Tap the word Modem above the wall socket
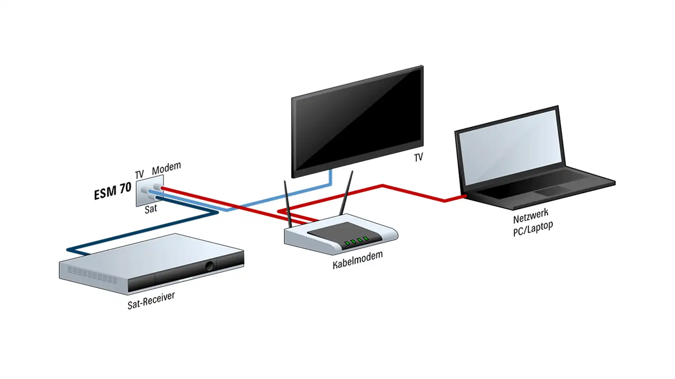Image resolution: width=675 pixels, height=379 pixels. pos(166,168)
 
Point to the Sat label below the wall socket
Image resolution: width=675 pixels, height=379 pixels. pos(150,209)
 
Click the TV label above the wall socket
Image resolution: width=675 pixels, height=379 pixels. pos(139,174)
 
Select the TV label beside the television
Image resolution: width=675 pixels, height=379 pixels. pos(418,157)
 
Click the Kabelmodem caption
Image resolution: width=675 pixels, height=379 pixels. pos(358,260)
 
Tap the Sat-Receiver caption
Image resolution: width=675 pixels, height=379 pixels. pos(151,301)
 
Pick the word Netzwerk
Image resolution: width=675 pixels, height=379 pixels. pos(530,216)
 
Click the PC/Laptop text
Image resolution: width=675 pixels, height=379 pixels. pos(533,229)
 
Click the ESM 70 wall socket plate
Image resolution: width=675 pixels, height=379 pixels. pos(150,190)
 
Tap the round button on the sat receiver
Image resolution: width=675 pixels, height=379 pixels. pos(209,266)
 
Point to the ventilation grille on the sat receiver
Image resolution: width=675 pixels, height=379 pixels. pos(92,274)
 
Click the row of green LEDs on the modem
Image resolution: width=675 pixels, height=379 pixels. pos(357,241)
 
